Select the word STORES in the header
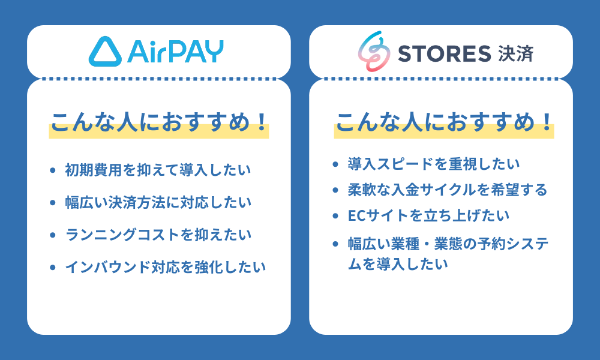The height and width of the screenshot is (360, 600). tap(445, 53)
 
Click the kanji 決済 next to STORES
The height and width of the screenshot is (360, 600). tap(515, 53)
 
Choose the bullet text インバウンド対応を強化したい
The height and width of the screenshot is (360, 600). tap(165, 267)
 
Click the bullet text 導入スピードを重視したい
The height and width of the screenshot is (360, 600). tap(434, 163)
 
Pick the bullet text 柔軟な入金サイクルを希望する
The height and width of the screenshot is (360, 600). tap(448, 190)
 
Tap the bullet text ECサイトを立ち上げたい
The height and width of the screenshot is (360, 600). tap(429, 216)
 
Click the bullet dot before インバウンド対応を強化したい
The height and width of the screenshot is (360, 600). tap(52, 268)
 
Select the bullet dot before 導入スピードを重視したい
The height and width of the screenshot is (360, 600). tap(337, 164)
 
